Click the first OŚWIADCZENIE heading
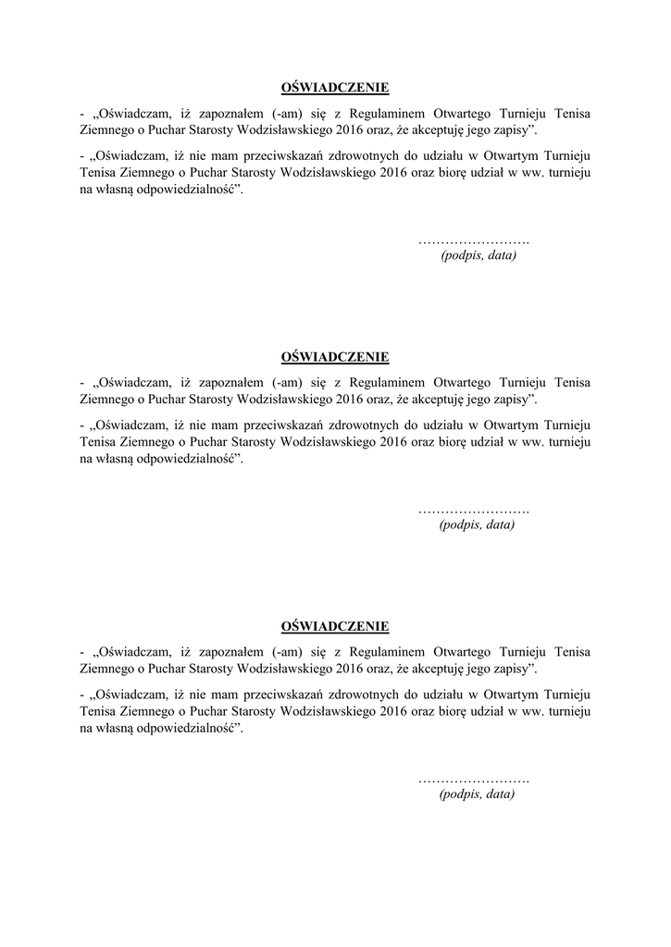point(335,88)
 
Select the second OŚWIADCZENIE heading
point(335,357)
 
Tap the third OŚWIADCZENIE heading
point(335,627)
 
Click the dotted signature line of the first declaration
point(473,240)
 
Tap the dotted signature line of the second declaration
point(473,510)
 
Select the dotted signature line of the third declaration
point(473,780)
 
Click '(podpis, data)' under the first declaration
point(478,255)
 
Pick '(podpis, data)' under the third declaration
point(477,793)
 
